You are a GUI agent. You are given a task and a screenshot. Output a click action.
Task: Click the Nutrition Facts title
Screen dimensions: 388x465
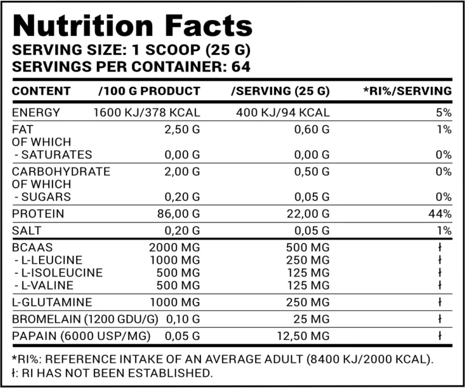[x=132, y=26]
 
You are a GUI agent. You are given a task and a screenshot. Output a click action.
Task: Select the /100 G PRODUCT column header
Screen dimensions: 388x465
[x=149, y=91]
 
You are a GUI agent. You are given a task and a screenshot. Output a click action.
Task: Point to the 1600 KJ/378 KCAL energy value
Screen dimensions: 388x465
[x=147, y=113]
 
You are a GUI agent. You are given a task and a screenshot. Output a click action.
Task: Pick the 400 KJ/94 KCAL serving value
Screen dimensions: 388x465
[x=281, y=113]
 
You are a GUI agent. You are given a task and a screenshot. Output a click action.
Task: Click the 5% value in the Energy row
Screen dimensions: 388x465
[x=444, y=113]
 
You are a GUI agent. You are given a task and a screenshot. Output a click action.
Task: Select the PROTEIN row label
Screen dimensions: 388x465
[x=38, y=214]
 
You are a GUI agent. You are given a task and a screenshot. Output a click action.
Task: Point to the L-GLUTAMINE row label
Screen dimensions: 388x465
[x=52, y=302]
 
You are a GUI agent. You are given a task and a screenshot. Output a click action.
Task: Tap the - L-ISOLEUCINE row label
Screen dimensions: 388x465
[x=58, y=272]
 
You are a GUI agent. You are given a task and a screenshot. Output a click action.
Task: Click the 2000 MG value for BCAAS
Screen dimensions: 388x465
[x=175, y=248]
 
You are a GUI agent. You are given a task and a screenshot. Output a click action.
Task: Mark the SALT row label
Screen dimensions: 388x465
[x=27, y=231]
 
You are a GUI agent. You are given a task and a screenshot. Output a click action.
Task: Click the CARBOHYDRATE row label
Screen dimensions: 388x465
[x=61, y=171]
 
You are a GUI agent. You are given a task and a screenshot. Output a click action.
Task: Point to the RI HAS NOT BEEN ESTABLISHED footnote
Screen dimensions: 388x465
[x=112, y=372]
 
